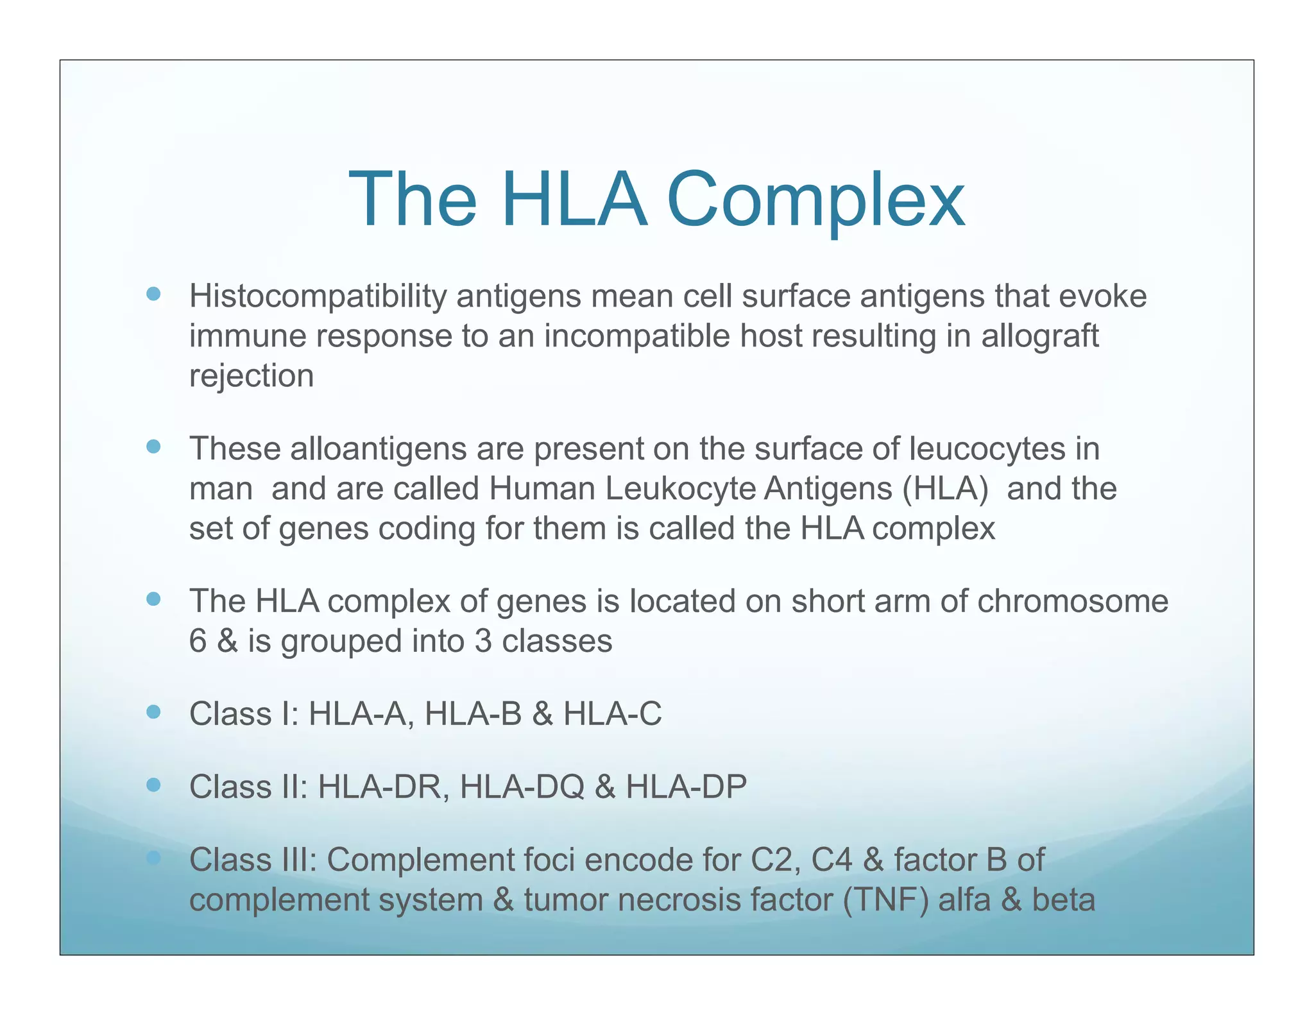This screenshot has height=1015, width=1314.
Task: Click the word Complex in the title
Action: (x=815, y=200)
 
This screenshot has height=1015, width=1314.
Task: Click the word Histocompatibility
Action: (x=318, y=296)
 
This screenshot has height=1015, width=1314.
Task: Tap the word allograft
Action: (x=1040, y=336)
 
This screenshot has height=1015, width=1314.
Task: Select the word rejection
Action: (x=252, y=376)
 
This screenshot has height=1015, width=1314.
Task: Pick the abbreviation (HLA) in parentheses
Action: (x=945, y=489)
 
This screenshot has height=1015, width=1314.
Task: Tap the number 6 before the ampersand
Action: (x=198, y=642)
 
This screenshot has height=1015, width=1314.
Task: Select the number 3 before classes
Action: (x=483, y=642)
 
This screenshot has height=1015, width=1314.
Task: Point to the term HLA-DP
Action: (x=686, y=787)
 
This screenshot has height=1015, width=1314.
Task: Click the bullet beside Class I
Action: (x=153, y=712)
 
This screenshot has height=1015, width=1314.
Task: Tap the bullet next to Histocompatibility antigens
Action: (x=153, y=294)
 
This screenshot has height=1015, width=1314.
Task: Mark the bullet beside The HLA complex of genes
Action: (x=153, y=599)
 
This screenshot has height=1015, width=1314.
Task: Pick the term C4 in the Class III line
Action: (x=832, y=860)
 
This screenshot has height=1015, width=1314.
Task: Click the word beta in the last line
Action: (x=1063, y=900)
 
